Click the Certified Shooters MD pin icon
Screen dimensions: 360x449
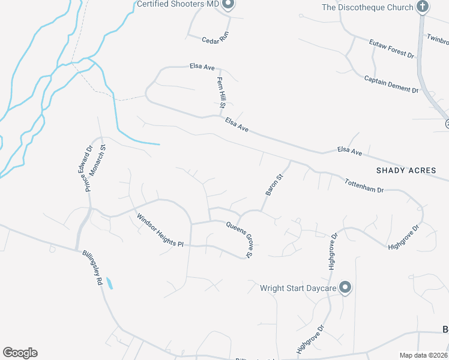(228, 5)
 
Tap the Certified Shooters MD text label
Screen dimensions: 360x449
(178, 5)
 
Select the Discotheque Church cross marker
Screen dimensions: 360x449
(423, 7)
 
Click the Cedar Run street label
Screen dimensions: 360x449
(215, 37)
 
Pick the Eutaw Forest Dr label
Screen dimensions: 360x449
(391, 47)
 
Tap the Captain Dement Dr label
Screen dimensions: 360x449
(391, 85)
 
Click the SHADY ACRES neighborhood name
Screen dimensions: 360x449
(406, 170)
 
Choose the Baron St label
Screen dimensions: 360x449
(274, 185)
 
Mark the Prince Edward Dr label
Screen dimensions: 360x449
(88, 169)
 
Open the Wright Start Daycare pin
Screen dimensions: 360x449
(345, 288)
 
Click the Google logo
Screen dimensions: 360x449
(20, 353)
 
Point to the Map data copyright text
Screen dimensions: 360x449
(424, 355)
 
